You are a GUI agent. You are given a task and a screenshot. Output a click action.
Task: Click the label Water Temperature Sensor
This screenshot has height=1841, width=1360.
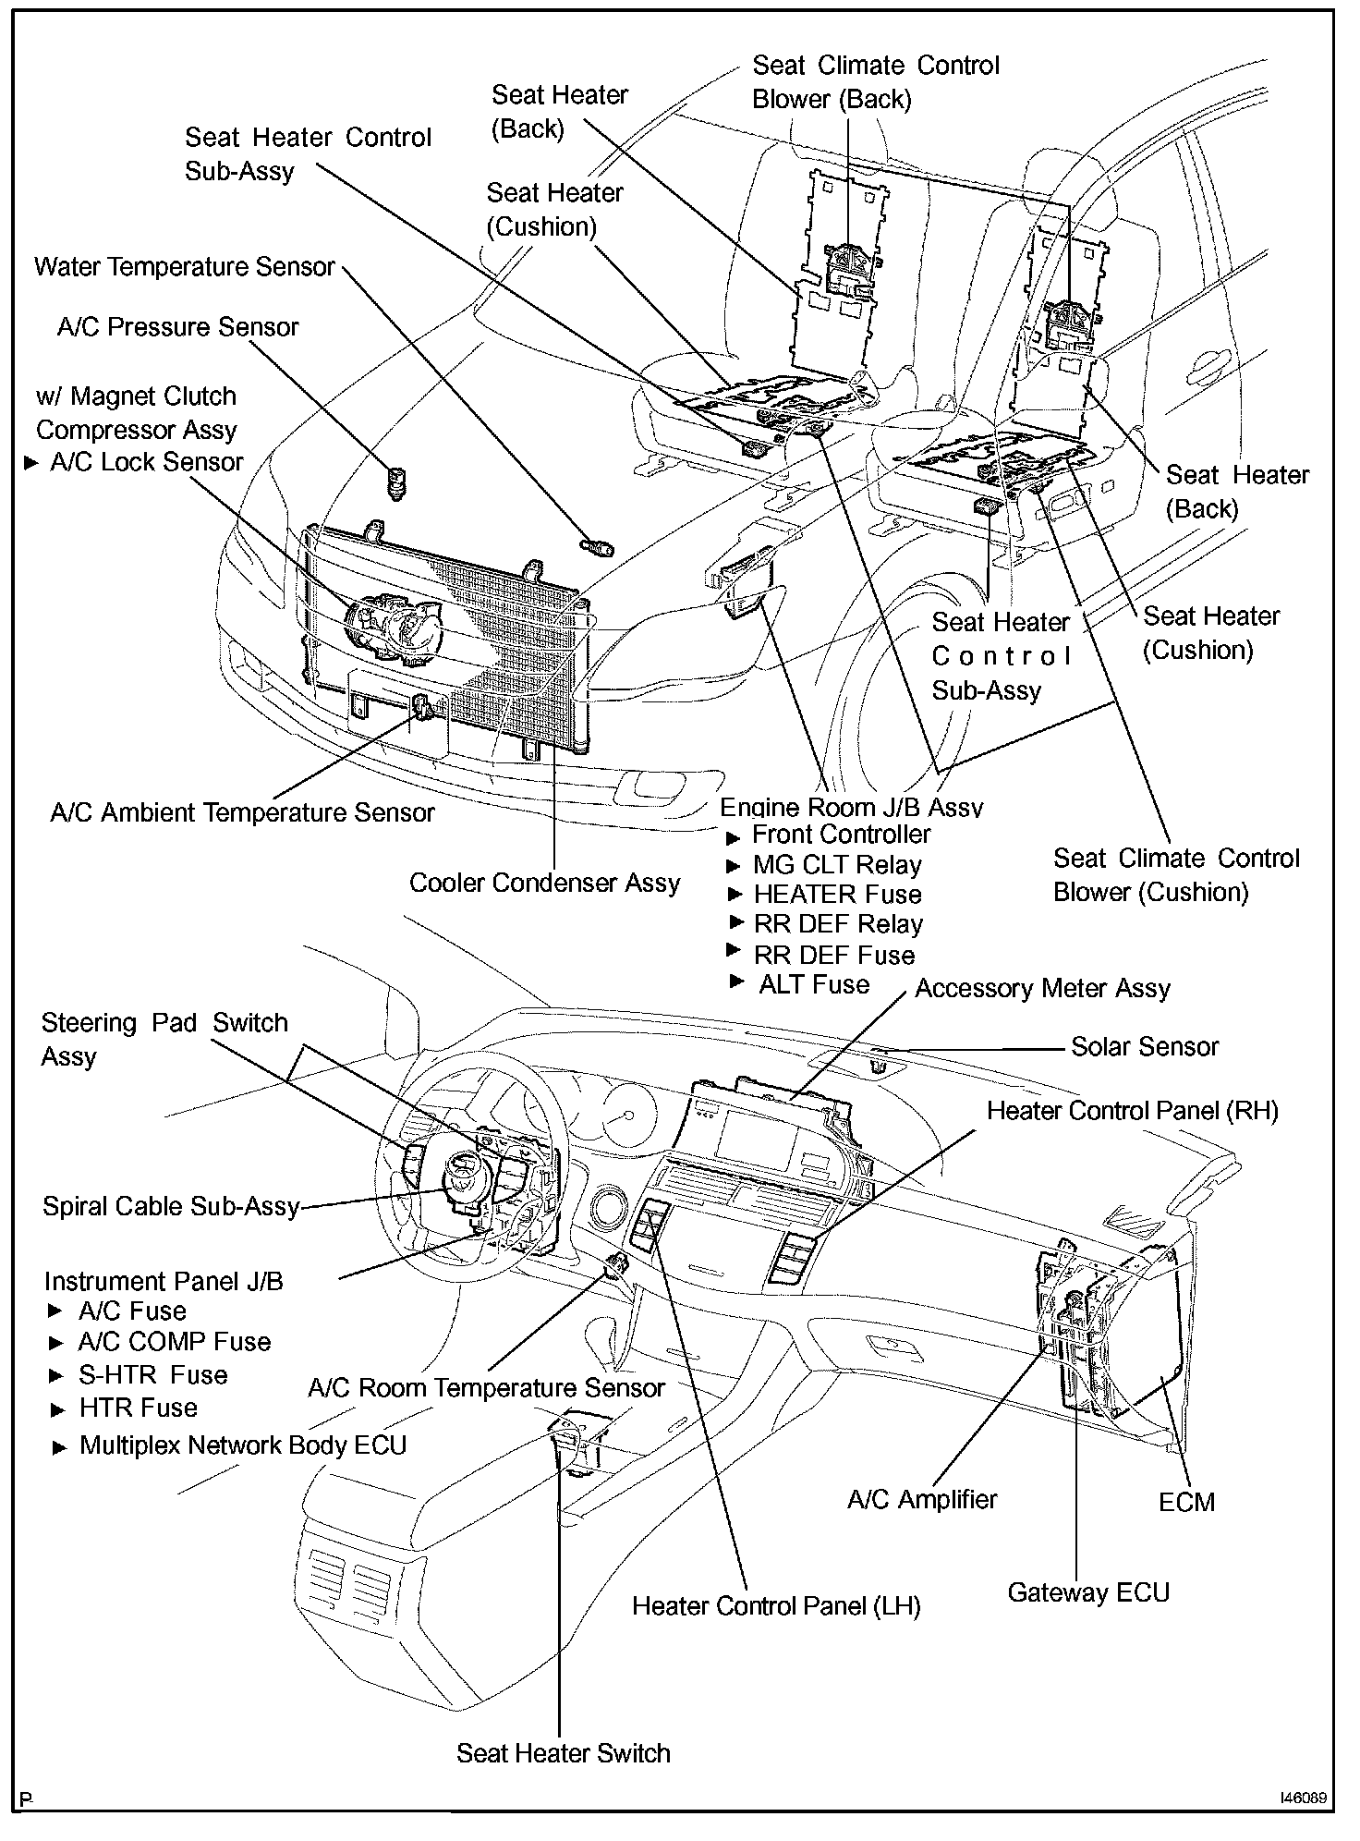coord(184,267)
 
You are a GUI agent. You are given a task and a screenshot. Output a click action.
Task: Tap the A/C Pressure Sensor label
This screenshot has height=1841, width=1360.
coord(177,327)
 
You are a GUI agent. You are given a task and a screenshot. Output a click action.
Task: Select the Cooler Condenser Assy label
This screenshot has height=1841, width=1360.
coord(544,883)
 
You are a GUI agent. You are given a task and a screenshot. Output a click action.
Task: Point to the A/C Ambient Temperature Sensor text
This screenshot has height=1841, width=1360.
coord(242,812)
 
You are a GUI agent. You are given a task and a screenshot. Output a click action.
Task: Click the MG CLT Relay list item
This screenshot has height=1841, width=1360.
coord(837,865)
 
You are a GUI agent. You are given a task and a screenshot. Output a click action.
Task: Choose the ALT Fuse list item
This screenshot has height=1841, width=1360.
coord(813,984)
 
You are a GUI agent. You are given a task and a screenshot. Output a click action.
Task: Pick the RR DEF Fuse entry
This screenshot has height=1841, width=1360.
coord(833,955)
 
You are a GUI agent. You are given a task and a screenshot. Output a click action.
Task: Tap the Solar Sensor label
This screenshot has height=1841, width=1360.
coord(1144,1046)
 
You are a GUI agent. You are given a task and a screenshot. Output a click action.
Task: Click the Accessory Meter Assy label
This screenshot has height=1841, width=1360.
coord(1042,988)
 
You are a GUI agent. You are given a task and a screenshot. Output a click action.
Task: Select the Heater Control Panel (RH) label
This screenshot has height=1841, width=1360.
coord(1132,1110)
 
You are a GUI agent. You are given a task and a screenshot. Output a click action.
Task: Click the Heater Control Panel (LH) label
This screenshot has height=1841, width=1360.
coord(776,1605)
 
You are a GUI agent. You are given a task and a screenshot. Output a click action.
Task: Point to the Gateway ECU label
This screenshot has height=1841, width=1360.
coord(1088,1592)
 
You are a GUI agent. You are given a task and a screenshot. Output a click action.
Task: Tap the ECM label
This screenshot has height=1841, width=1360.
coord(1186,1502)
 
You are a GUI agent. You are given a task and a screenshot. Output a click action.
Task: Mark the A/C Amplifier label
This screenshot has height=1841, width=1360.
coord(922,1499)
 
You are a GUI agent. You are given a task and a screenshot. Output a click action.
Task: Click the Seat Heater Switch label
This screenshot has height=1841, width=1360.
coord(563,1753)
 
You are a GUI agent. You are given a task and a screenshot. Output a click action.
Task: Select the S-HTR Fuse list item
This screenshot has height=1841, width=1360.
coord(152,1374)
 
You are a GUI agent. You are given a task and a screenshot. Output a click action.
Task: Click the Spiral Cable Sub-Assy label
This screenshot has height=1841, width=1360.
coord(171,1206)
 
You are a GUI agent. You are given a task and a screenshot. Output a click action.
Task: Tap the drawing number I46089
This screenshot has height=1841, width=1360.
coord(1303,1798)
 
